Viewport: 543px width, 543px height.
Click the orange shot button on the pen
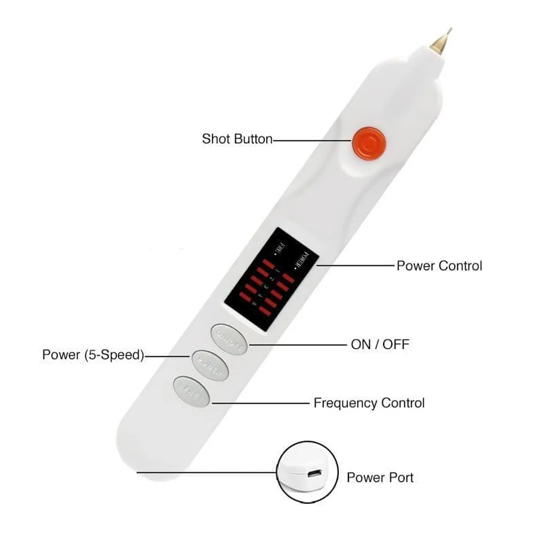pos(369,143)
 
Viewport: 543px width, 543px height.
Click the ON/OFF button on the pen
pos(229,339)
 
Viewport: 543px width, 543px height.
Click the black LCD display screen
pos(271,279)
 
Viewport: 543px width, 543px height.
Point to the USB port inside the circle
pos(314,473)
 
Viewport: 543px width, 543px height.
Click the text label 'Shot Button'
pos(237,139)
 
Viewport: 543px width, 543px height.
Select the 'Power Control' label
pos(439,266)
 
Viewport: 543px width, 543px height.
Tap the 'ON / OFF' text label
pos(380,344)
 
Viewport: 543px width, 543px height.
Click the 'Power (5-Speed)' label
pos(93,355)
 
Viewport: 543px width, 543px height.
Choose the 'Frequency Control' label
pos(369,403)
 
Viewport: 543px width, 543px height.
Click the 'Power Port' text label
pos(380,477)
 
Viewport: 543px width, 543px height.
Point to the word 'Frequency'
pos(345,403)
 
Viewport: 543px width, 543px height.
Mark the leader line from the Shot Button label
pos(312,141)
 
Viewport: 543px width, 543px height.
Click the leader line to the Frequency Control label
pos(260,403)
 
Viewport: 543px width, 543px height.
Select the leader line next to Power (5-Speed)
pos(167,356)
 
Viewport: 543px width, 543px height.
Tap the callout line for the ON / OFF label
pos(298,345)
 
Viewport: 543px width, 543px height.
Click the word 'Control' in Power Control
pos(460,266)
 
